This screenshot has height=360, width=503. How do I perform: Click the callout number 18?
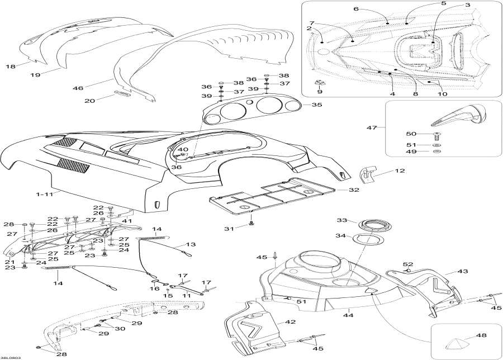(10, 67)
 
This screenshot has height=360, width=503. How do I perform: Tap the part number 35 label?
(316, 105)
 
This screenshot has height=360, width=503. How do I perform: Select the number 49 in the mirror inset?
(411, 151)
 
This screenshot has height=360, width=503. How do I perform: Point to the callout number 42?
(290, 322)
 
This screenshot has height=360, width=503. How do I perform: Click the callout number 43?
(462, 271)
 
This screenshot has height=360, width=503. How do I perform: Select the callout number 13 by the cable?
(192, 244)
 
